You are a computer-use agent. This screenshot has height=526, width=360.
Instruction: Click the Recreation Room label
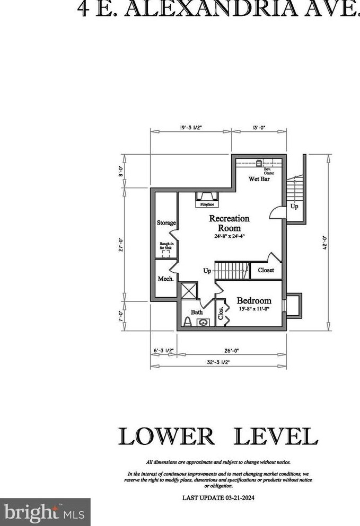click(229, 222)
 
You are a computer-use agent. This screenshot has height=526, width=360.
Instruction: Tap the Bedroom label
click(254, 300)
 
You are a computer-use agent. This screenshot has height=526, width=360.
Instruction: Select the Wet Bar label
click(259, 179)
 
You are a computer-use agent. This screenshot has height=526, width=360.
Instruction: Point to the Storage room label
click(166, 223)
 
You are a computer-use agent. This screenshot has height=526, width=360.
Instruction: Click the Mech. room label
click(165, 279)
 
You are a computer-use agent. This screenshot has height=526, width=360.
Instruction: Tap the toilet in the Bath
click(187, 322)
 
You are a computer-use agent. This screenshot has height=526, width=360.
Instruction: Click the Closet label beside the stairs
click(266, 270)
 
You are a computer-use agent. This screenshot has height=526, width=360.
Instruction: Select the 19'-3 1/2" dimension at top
click(191, 127)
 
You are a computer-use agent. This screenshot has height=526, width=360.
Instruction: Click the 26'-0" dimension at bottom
click(230, 350)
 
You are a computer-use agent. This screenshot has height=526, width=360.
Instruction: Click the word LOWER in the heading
click(166, 435)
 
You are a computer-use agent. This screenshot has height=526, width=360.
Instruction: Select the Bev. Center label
click(268, 171)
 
